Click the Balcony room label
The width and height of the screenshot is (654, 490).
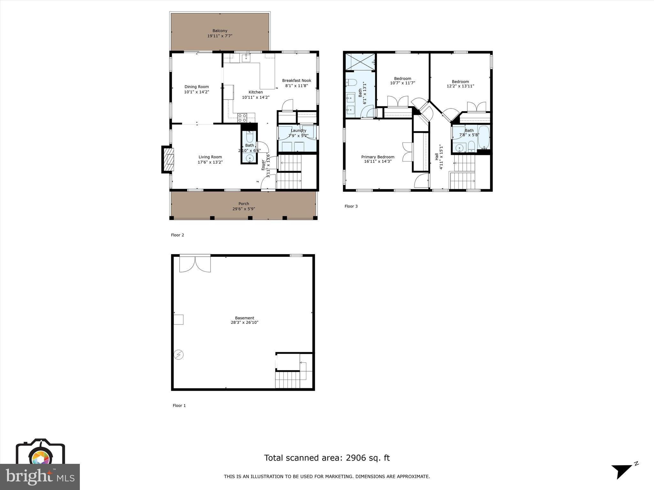pos(220,31)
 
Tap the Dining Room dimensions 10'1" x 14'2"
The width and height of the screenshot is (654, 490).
pos(196,92)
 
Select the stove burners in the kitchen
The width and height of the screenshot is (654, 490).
pos(242,118)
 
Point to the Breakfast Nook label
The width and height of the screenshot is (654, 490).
pos(296,80)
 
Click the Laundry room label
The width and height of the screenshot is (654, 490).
pos(298,130)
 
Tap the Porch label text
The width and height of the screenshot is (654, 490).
pos(244,204)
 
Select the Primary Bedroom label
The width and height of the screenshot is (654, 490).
pos(377,157)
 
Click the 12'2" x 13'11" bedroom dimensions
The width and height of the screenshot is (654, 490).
pos(460,86)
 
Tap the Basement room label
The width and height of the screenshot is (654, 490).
pos(244,318)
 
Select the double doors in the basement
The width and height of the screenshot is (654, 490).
pos(195,264)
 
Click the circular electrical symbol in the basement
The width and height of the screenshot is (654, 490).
pos(179,355)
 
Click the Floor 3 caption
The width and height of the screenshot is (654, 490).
pos(351,206)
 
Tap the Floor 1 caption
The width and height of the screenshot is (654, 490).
pos(179,405)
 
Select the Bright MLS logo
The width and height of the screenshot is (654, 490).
pos(40,476)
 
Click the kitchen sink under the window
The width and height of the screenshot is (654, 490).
pos(246,58)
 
